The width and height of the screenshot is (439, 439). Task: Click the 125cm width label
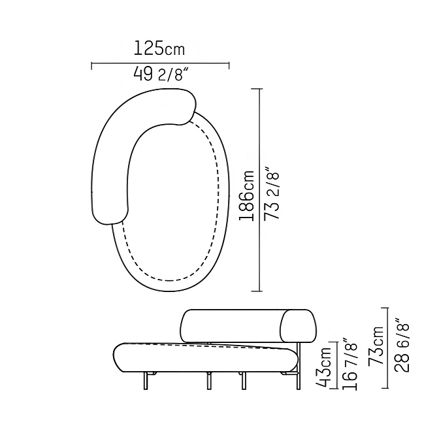[159, 48]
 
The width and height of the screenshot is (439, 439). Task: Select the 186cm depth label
[247, 195]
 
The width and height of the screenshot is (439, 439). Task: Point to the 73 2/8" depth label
[271, 193]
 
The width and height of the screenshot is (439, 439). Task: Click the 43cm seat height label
[324, 367]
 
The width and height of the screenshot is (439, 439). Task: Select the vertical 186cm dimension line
[260, 190]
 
